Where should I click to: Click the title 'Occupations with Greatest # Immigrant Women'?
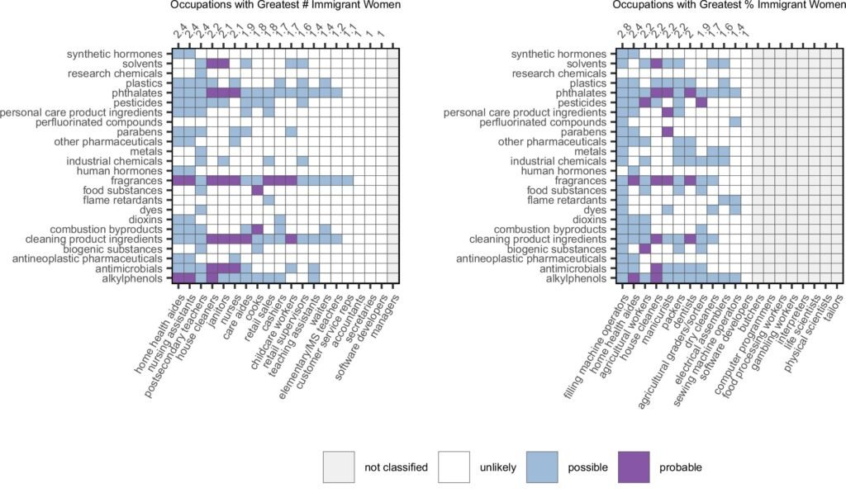(x=286, y=6)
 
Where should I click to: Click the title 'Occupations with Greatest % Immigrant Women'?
(x=730, y=6)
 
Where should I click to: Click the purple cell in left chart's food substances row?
(x=257, y=191)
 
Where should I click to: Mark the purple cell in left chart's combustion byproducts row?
(x=257, y=229)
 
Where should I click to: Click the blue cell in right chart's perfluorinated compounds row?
(x=735, y=122)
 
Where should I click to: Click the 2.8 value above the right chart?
(x=622, y=33)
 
